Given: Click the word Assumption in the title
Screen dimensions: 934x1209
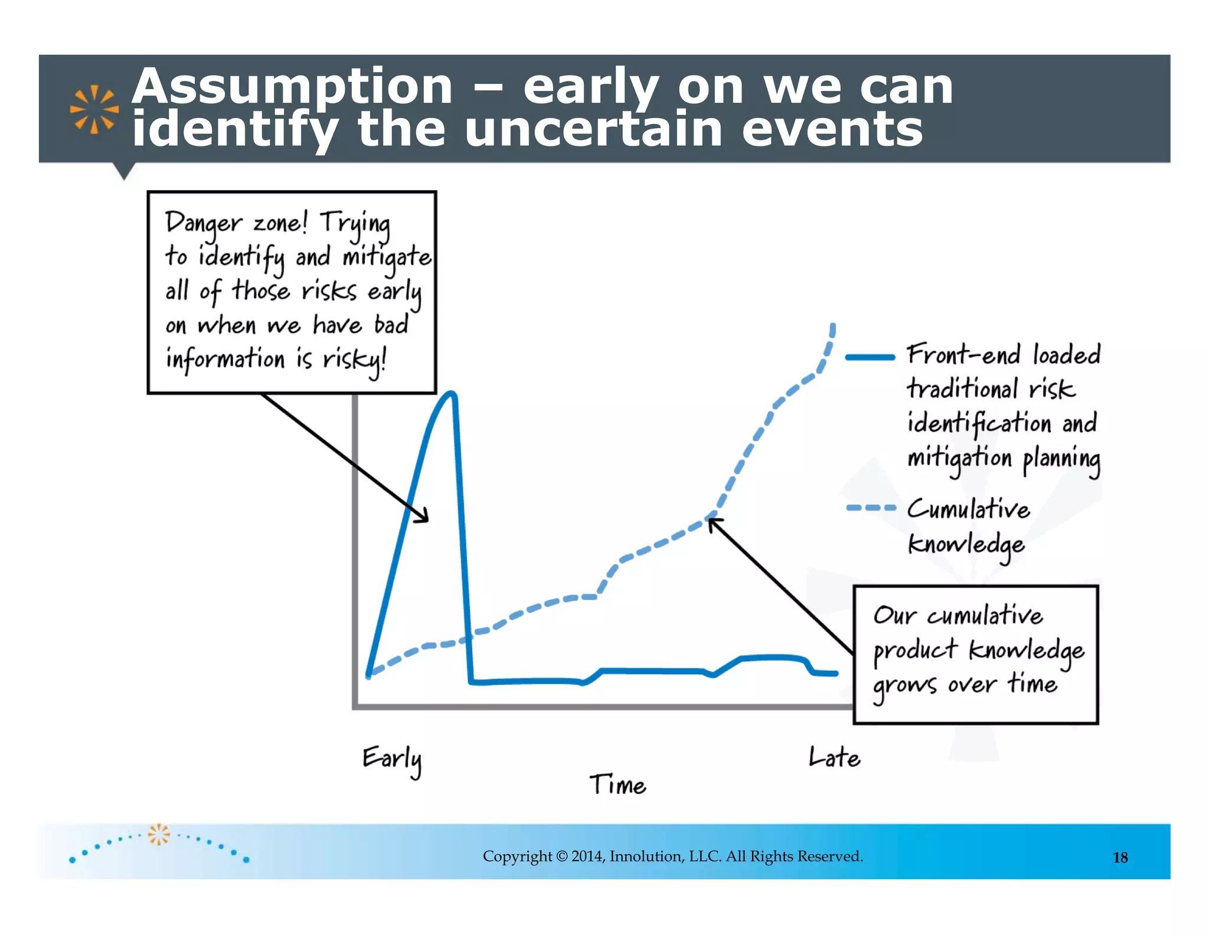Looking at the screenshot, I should [x=292, y=87].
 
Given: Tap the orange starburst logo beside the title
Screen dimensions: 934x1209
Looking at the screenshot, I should [x=94, y=109].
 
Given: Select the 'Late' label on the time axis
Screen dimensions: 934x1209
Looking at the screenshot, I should [x=834, y=757].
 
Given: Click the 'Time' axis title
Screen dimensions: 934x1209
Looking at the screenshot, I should [x=617, y=785].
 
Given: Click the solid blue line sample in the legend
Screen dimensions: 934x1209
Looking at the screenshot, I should [x=870, y=357].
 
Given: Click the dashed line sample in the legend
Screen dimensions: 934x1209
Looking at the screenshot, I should [x=870, y=508].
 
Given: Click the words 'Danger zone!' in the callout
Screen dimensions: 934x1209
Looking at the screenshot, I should [x=236, y=223].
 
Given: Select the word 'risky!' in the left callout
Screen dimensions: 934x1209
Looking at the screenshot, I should [x=354, y=360].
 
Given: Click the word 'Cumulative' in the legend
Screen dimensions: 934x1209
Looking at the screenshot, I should [x=968, y=509].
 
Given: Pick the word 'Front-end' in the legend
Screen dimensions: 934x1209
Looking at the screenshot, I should [x=963, y=355].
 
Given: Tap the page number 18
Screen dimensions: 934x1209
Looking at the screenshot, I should [x=1120, y=858].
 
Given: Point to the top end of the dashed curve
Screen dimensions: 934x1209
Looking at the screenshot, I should [x=832, y=326].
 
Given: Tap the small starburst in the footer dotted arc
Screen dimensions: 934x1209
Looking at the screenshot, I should [x=158, y=834].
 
